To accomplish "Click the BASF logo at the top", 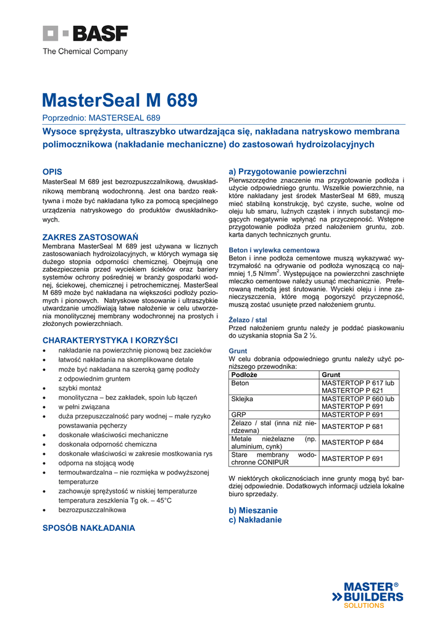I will pos(85,34).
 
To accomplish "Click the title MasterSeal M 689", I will pos(120,100).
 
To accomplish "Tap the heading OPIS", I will pos(52,171).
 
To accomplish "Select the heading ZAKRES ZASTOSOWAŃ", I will pos(90,237).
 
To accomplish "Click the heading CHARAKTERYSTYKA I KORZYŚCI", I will pos(110,340).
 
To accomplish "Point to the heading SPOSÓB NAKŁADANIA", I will pos(88,528).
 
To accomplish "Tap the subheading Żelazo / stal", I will pos(248,320).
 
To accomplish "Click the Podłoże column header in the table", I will pos(244,375).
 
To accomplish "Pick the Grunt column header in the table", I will pos(331,375).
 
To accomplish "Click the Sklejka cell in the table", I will pos(242,399).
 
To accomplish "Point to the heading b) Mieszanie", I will pos(253,510).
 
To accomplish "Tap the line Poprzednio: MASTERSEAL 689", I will pos(101,117).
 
